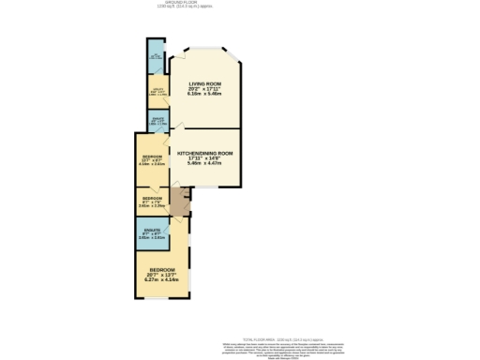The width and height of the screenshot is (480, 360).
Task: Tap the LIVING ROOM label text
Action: pyautogui.click(x=205, y=83)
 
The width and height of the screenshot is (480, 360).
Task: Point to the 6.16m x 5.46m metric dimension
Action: pyautogui.click(x=205, y=95)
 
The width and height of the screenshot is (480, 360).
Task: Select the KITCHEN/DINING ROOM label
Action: pyautogui.click(x=204, y=152)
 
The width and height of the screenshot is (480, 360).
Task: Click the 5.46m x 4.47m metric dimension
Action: pyautogui.click(x=204, y=163)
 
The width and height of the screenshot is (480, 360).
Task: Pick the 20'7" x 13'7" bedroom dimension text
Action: pyautogui.click(x=161, y=274)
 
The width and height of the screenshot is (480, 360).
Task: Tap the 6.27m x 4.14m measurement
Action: pyautogui.click(x=161, y=279)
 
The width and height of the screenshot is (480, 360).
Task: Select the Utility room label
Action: pyautogui.click(x=157, y=90)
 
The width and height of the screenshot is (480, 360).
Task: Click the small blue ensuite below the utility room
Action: pyautogui.click(x=157, y=119)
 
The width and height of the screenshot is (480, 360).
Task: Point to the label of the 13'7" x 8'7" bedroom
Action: pyautogui.click(x=151, y=156)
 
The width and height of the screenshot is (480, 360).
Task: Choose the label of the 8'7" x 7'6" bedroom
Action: pyautogui.click(x=151, y=198)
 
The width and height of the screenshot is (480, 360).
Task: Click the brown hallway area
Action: pyautogui.click(x=178, y=200)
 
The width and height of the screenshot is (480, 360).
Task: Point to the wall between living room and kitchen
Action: pyautogui.click(x=205, y=128)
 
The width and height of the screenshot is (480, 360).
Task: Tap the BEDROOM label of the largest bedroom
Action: pyautogui.click(x=161, y=268)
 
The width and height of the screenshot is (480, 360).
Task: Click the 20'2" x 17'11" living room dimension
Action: pyautogui.click(x=205, y=89)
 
